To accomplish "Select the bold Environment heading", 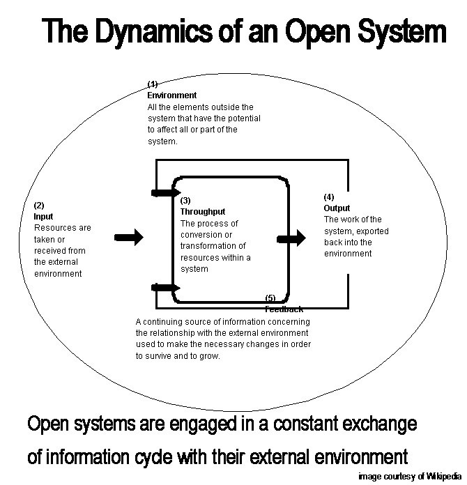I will coord(171,95).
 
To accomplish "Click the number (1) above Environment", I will coord(153,84).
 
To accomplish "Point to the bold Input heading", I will coord(43,217).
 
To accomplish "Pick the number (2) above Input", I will coord(39,206).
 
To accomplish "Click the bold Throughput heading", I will coord(203,211).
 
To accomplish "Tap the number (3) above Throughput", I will coord(185,201).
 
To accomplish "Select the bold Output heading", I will coord(337,208).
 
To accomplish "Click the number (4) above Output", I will coord(329,197).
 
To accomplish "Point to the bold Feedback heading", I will coord(284,309).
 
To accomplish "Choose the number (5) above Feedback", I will coord(271,299).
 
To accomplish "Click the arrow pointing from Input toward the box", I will coord(128,238).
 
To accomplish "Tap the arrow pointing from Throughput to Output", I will coord(291,239).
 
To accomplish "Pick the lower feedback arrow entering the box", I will coord(165,286).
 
